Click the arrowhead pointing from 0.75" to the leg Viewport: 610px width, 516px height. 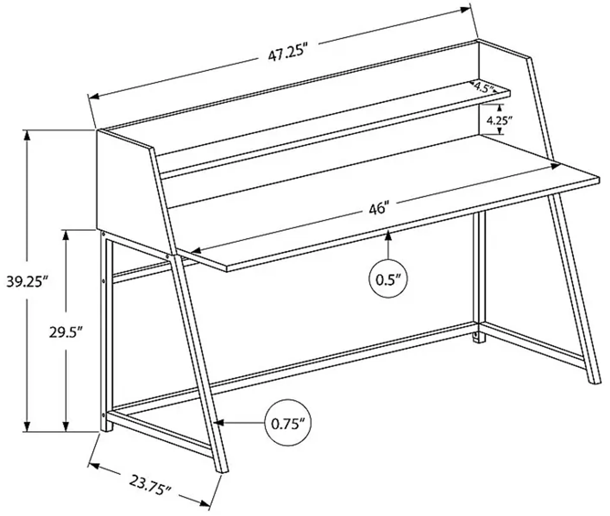[219, 423]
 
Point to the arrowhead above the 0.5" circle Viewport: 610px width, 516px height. [388, 235]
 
